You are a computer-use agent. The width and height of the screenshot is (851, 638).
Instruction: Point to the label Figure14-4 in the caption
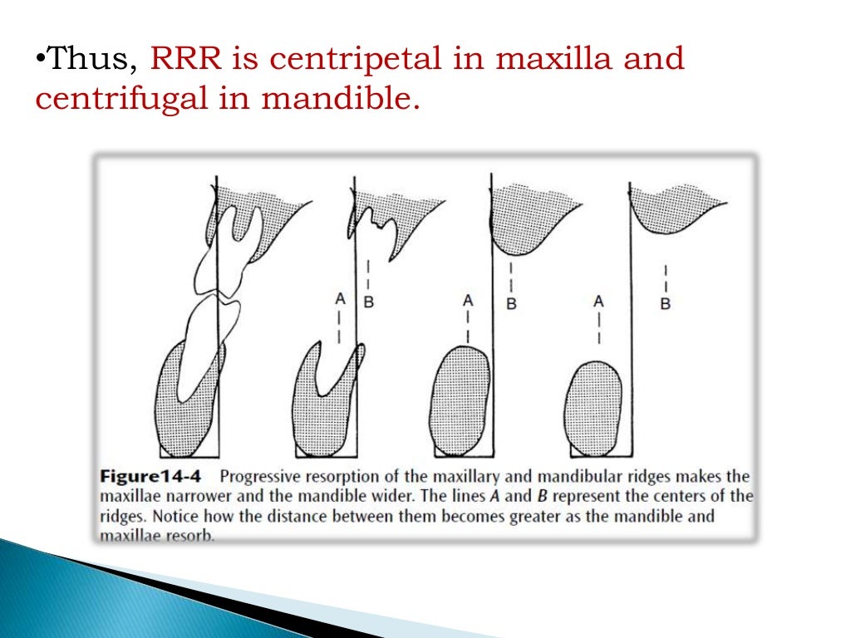click(x=148, y=478)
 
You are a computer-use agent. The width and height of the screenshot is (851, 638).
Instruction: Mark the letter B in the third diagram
click(x=511, y=304)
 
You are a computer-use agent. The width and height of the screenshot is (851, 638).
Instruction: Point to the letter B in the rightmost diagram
click(x=665, y=304)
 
